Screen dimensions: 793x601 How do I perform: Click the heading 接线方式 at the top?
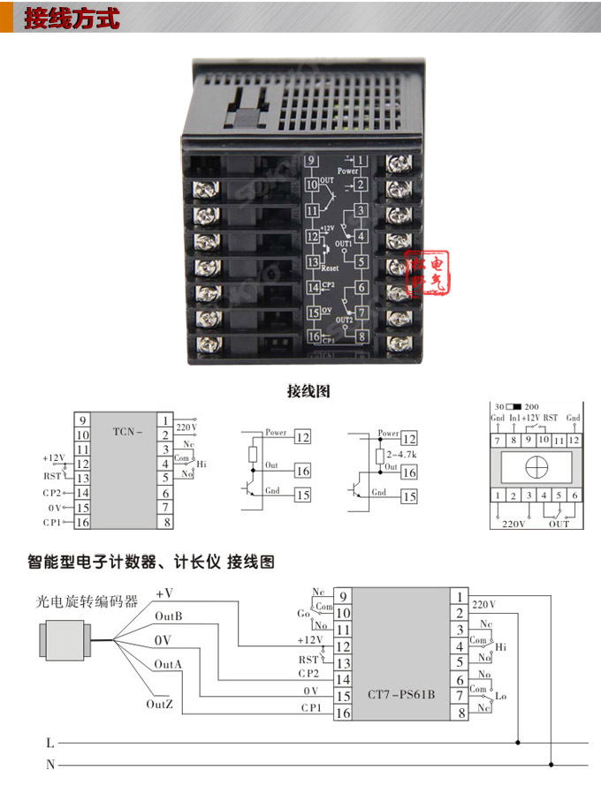pos(71,19)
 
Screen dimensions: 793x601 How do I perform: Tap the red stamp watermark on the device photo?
pos(429,274)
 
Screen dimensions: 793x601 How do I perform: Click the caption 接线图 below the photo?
pos(308,389)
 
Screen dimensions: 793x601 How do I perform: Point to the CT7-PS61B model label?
pos(401,694)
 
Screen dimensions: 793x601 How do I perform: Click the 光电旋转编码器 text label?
pos(87,601)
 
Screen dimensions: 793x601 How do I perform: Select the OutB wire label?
pos(168,616)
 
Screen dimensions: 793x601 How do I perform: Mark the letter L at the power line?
pos(49,743)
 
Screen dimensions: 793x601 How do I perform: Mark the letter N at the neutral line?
pos(49,764)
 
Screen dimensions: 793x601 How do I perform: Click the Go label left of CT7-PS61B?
pos(303,611)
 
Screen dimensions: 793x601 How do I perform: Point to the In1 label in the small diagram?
pos(514,417)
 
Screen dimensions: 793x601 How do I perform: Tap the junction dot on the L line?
pos(519,743)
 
